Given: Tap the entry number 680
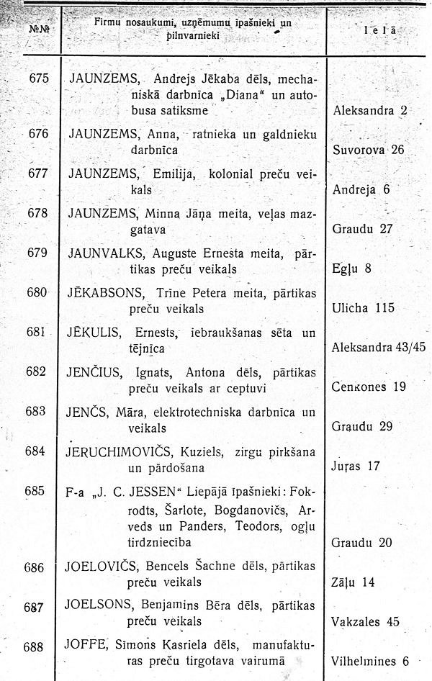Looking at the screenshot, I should click(x=37, y=292).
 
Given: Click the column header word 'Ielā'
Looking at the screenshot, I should click(x=380, y=32).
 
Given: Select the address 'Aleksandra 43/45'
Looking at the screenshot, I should click(x=379, y=347).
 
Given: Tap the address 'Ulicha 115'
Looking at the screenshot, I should click(x=364, y=308).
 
